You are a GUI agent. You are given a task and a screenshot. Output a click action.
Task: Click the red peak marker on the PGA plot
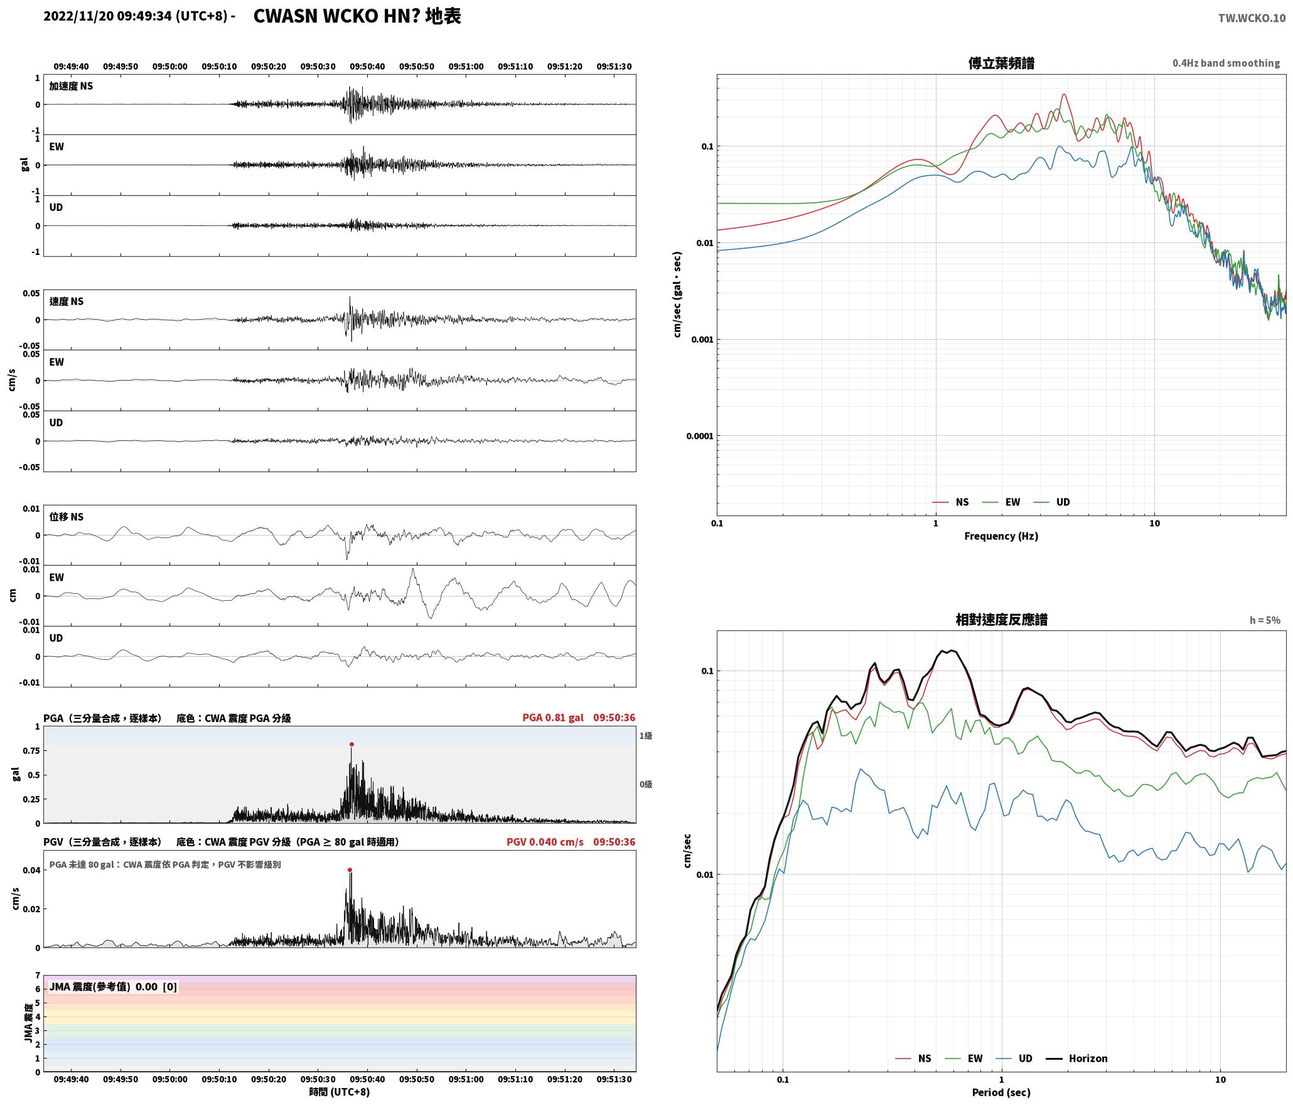coord(351,744)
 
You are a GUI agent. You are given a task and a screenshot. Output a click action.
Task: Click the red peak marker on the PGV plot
coord(350,870)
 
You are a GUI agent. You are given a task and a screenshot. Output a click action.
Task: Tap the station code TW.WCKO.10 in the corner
coord(1252,18)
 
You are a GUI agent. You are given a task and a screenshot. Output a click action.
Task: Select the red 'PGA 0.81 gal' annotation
coord(553,718)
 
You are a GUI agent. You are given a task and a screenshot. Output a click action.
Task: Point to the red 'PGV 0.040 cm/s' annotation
coord(545,842)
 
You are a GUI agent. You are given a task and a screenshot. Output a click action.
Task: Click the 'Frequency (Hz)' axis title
coord(1001,536)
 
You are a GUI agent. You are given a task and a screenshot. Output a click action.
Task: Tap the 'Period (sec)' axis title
coord(1001,1092)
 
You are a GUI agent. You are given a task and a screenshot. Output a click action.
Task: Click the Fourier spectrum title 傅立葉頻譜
coord(1001,63)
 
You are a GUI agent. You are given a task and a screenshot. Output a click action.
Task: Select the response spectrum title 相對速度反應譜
coord(1001,620)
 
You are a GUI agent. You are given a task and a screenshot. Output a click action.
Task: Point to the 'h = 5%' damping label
coord(1265,620)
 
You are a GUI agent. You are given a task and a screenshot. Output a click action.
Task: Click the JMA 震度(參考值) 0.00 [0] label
coord(113,986)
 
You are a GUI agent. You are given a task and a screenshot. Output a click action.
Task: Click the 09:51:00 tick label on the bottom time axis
coord(465,1079)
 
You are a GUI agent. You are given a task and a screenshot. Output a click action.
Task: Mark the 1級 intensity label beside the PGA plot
coord(646,736)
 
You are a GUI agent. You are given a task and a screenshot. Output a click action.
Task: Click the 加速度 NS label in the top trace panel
coord(71,86)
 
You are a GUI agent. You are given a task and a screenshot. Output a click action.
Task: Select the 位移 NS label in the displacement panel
coord(67,517)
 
